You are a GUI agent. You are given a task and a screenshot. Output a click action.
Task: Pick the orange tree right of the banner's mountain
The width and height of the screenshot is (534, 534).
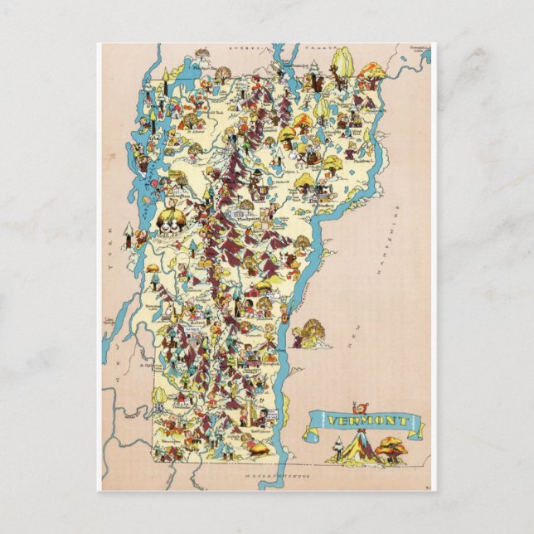391,449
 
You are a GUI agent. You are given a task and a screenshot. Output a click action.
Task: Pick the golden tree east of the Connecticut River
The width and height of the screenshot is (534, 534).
313,331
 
